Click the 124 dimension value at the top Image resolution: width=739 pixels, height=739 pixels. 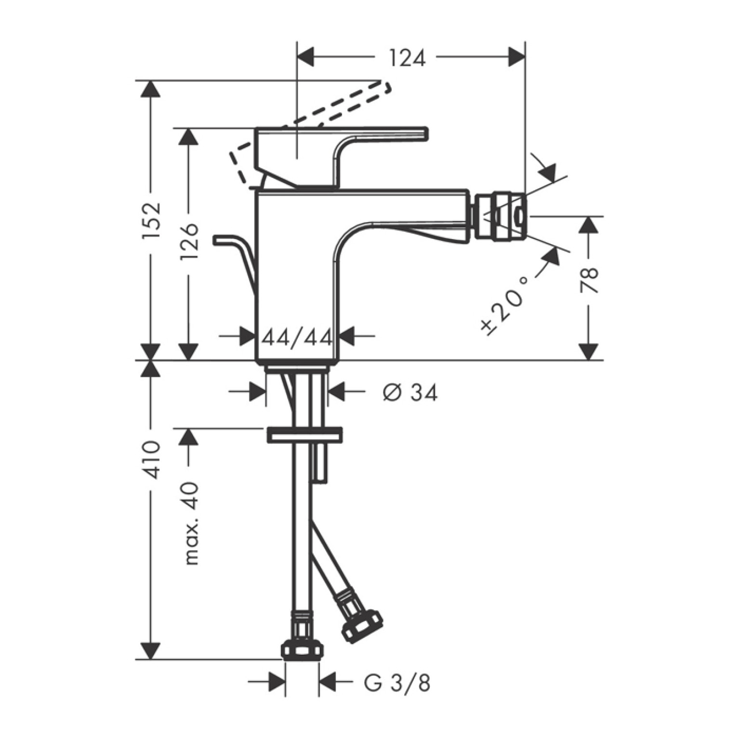click(407, 58)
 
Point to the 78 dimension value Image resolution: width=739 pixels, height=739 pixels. click(589, 280)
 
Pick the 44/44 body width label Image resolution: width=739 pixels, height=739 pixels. click(297, 338)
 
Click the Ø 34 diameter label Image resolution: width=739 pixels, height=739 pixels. click(410, 393)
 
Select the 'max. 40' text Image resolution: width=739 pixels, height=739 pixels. click(191, 524)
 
